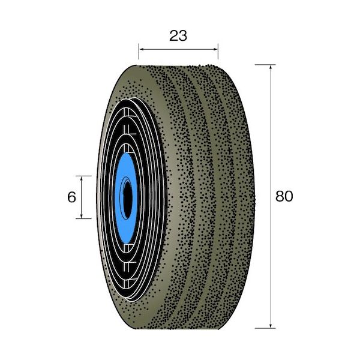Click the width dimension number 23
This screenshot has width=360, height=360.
coord(178,35)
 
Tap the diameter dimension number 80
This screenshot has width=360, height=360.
coord(284,196)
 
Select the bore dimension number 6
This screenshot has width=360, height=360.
coord(71,197)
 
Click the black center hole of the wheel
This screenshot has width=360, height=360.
coord(127,196)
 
